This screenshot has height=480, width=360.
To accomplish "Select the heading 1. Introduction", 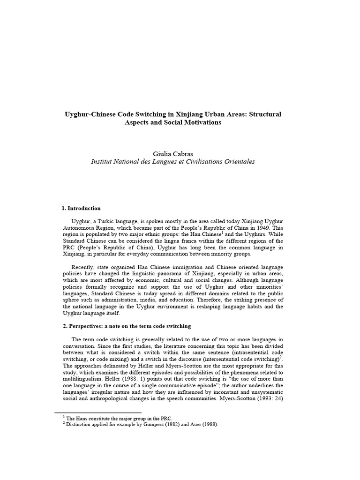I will (x=81, y=208).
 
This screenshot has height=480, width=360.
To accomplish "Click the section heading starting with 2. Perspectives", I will (x=127, y=326).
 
